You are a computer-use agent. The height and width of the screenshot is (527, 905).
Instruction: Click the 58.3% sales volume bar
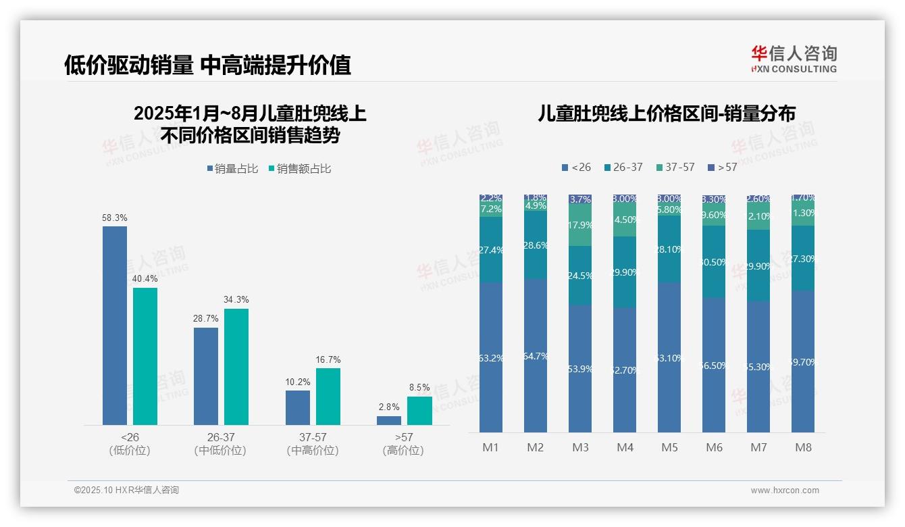point(115,325)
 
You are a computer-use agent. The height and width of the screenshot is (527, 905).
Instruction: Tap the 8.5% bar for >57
point(419,410)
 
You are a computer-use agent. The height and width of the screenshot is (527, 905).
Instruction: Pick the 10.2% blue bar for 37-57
point(298,407)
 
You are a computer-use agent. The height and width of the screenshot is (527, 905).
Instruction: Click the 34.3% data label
point(236,299)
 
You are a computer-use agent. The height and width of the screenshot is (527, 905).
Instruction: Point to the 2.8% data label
point(389,407)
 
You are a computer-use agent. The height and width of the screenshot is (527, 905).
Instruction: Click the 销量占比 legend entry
point(232,169)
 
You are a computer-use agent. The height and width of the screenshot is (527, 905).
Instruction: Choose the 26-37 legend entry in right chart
point(623,167)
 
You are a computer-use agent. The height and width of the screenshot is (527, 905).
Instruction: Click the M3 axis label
point(580,447)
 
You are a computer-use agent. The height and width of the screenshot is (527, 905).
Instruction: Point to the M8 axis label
point(803,447)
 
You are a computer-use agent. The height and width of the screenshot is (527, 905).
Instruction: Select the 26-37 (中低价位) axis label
point(220,444)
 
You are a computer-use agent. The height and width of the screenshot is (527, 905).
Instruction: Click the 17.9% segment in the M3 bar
point(580,226)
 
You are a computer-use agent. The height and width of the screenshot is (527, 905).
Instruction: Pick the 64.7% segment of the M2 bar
point(536,355)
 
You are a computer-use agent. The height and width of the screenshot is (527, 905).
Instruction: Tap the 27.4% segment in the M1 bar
point(491,249)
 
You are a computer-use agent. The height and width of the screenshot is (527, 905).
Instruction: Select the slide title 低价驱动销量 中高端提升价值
point(207,66)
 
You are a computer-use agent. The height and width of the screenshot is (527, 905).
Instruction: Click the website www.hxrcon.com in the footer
point(785,491)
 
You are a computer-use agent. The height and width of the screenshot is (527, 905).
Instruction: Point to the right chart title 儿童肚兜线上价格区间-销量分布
point(666,114)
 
